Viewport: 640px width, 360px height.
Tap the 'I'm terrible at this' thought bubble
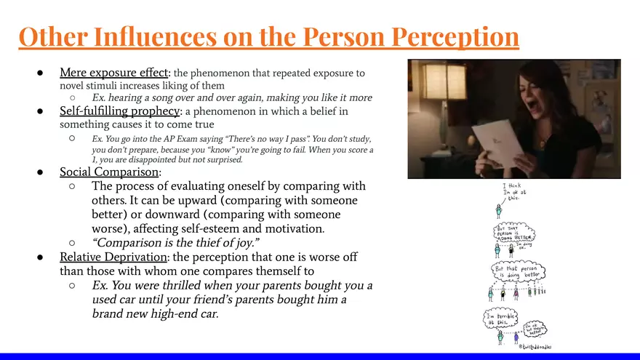[x=500, y=319]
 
